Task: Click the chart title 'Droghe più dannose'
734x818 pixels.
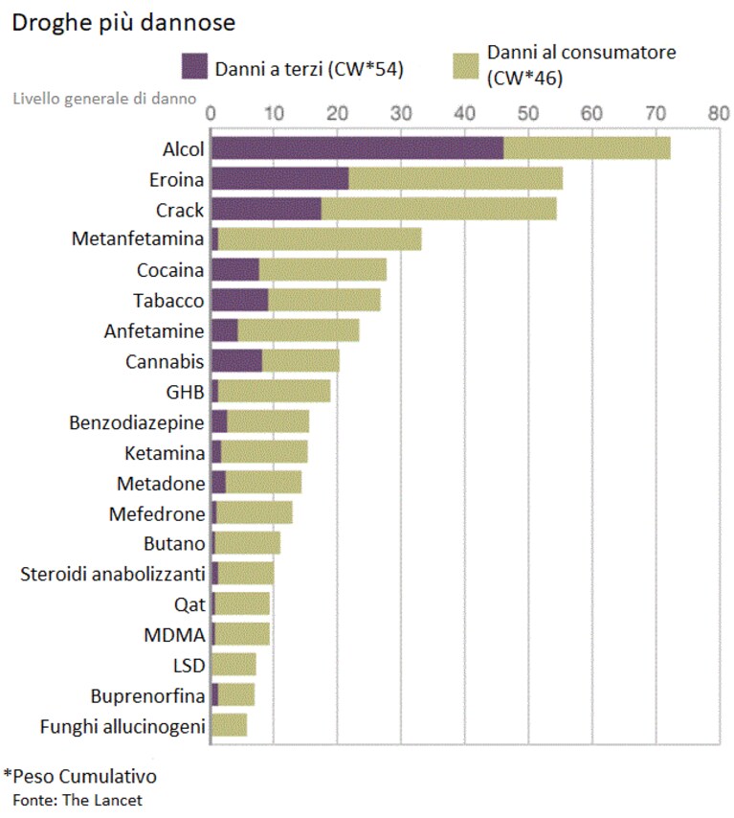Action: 123,23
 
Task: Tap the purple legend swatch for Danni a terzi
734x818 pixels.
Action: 194,66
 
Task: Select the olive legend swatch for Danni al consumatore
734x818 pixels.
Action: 465,66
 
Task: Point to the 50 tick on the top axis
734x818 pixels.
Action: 527,113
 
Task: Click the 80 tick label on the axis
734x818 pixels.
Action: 719,113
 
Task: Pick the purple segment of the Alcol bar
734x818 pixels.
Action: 358,148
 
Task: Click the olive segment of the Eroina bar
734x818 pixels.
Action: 456,179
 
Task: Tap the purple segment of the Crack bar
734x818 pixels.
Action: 266,209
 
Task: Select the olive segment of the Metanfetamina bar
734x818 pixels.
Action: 320,239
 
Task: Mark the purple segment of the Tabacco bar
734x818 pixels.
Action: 240,301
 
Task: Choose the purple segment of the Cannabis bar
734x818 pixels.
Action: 236,361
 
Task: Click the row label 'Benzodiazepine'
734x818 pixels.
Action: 137,422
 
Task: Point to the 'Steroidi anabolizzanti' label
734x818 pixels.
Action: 113,574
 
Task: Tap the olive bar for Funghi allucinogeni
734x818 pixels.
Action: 229,726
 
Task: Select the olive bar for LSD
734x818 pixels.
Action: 234,665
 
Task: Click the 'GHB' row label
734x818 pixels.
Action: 185,393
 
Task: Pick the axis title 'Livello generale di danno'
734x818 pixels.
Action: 104,99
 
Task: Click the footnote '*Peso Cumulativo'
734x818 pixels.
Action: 79,776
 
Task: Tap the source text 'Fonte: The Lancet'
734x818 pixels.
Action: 78,800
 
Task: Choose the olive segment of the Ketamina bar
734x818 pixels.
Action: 264,452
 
